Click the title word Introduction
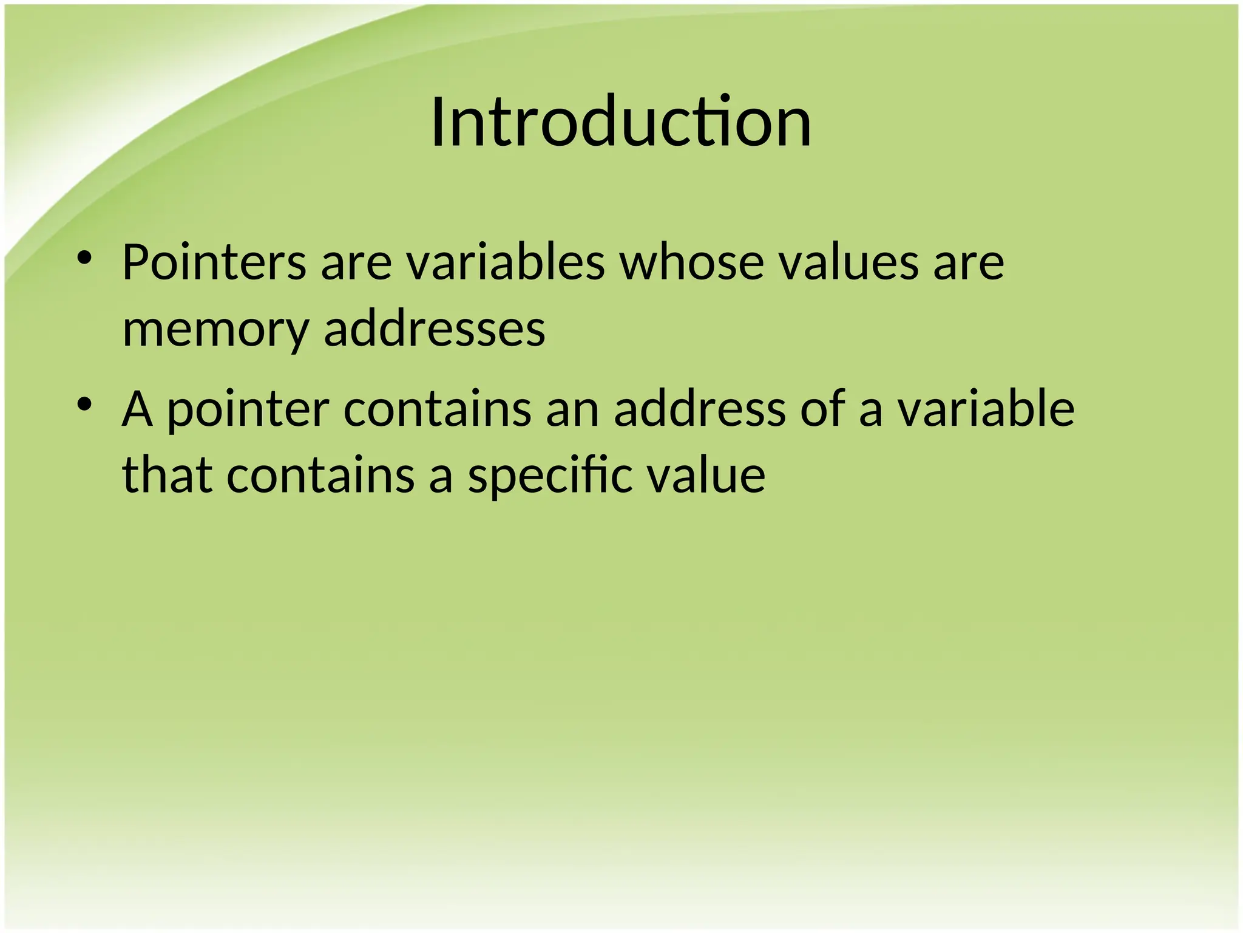(621, 122)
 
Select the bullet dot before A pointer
(84, 403)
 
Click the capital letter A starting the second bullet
(137, 409)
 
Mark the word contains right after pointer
(438, 409)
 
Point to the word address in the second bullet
(700, 409)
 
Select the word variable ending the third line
(986, 409)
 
